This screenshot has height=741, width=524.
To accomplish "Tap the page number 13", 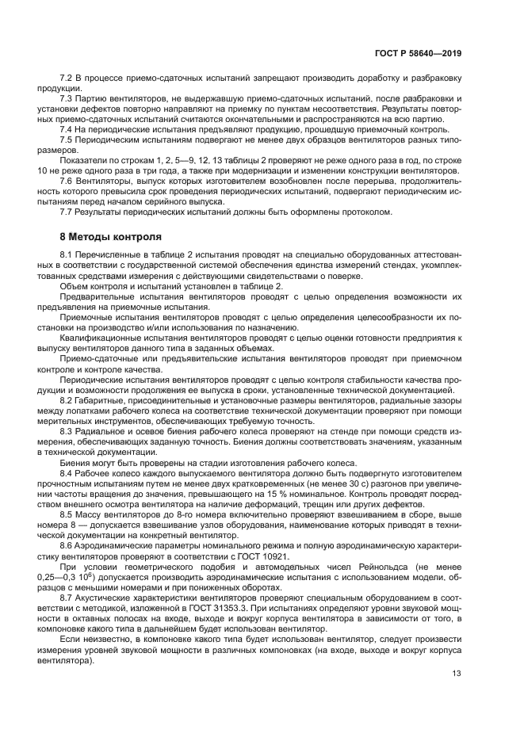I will coord(457,674).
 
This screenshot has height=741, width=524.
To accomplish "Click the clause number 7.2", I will coord(67,79).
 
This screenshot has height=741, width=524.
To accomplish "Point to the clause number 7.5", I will coord(67,139).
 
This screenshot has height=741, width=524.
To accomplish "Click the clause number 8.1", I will coord(67,254).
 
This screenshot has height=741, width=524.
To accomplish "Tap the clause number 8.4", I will coord(67,473).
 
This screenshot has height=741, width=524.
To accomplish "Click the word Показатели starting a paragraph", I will coord(84,159).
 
